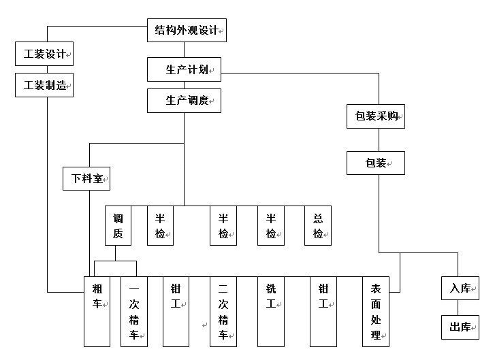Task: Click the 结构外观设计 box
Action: click(x=187, y=30)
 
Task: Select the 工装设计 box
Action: click(x=44, y=54)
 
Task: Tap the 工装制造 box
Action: click(x=44, y=86)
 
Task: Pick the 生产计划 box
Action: click(x=184, y=69)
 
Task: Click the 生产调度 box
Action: click(x=184, y=101)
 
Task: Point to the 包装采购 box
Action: click(x=376, y=116)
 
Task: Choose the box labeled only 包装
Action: click(x=376, y=163)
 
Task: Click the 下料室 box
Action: click(x=86, y=178)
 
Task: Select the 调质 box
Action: click(x=118, y=225)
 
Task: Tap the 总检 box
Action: click(x=317, y=225)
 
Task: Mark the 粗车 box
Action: click(x=97, y=311)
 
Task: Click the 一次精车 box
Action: click(x=134, y=311)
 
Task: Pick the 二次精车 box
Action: click(x=223, y=311)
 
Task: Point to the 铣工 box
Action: click(x=270, y=311)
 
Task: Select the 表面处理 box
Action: click(x=376, y=311)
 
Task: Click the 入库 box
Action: click(x=460, y=289)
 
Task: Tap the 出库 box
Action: click(x=460, y=327)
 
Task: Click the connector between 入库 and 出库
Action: click(x=460, y=308)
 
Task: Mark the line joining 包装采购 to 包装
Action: click(x=376, y=140)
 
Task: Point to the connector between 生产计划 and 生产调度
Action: click(x=184, y=85)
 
